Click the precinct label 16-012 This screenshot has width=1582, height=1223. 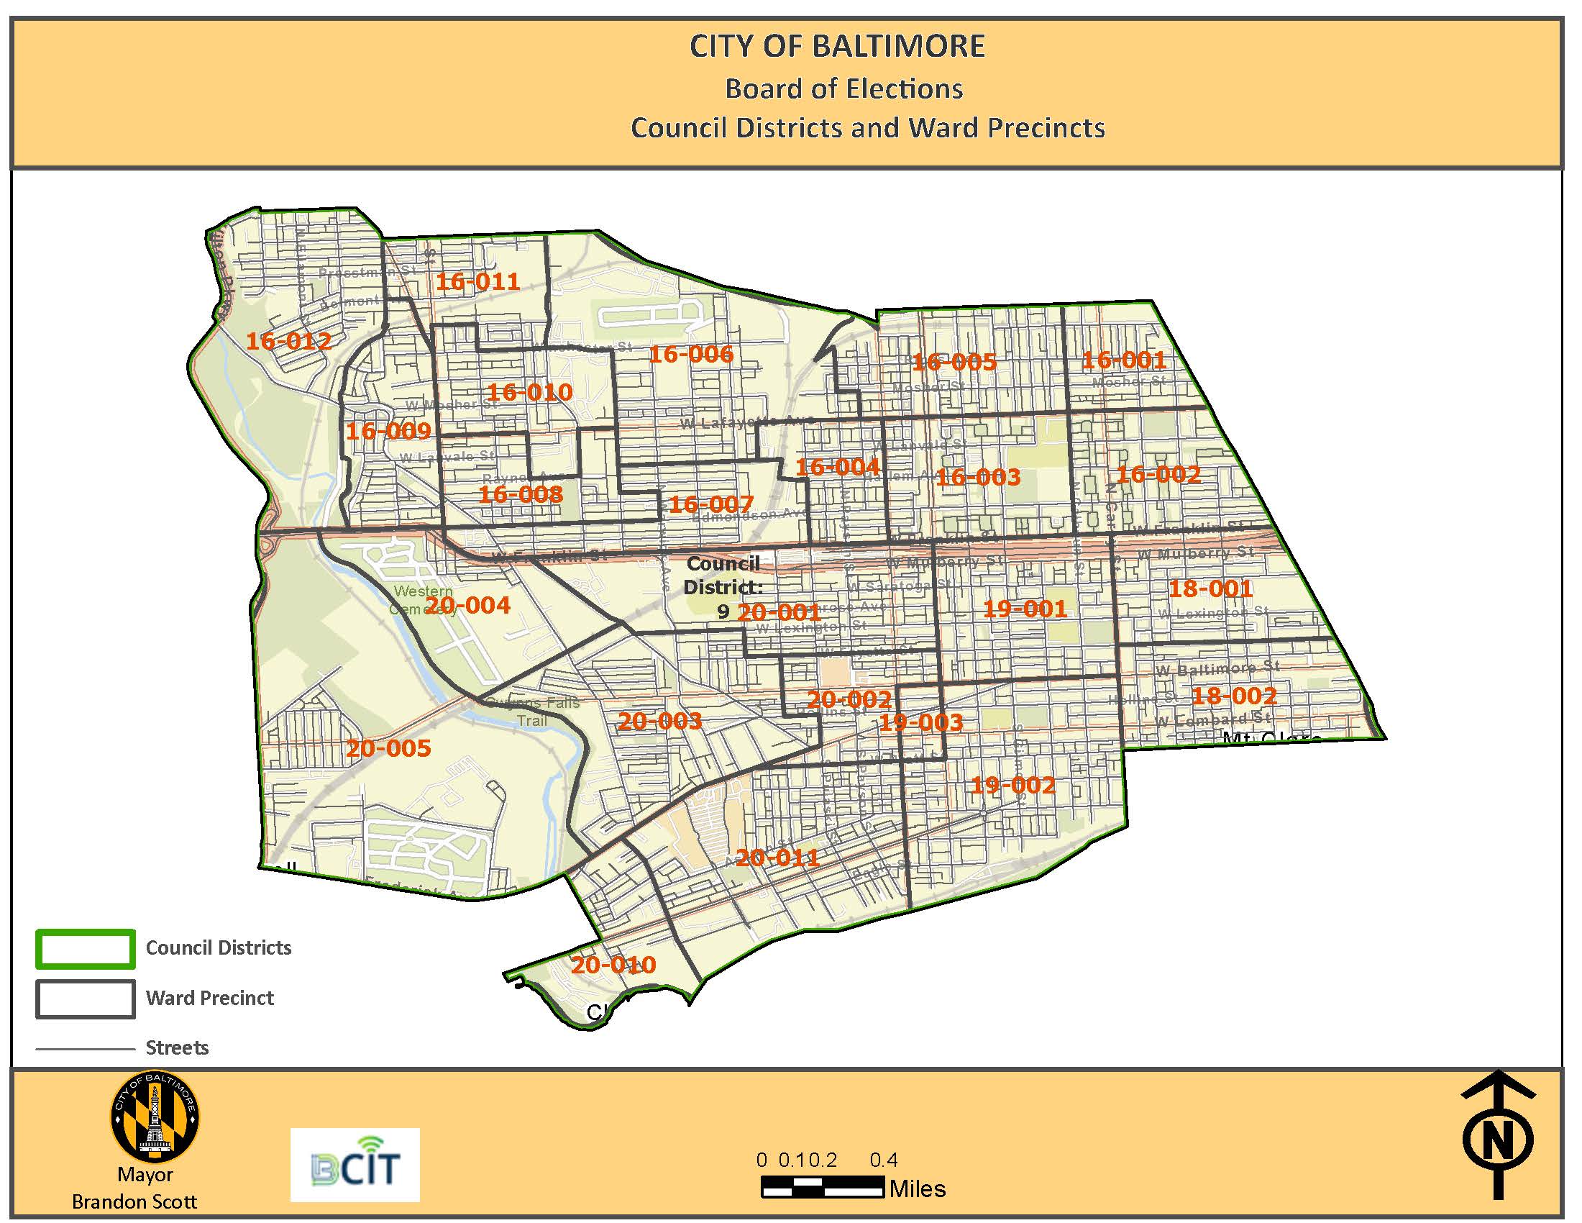288,340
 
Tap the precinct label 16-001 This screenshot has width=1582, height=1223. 1123,360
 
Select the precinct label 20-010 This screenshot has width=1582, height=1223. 613,964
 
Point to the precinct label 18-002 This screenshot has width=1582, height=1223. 1233,696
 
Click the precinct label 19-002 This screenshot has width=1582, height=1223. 1012,785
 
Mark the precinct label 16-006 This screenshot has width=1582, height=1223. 690,353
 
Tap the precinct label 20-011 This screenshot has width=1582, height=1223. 777,858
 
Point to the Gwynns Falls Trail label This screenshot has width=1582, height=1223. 532,711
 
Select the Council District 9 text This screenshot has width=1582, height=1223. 722,586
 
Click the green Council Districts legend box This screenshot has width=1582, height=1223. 86,948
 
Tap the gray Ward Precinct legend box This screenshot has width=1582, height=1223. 86,999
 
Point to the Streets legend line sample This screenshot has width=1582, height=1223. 86,1048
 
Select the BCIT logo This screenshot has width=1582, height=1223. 355,1165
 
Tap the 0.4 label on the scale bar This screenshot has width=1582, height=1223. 883,1160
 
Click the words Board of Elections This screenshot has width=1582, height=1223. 844,89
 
